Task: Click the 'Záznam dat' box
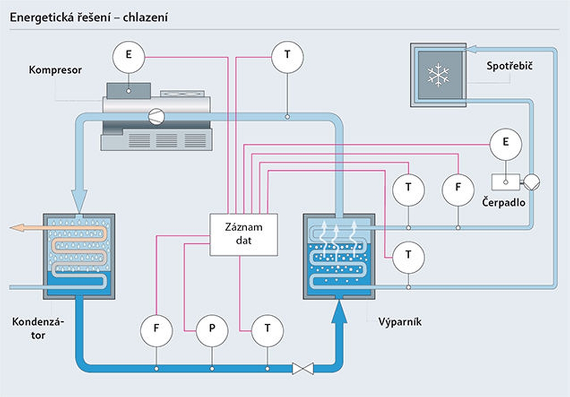(x=244, y=234)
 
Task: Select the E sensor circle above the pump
(x=505, y=144)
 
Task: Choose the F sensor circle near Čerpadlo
(x=458, y=189)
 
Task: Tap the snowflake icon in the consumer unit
(x=439, y=75)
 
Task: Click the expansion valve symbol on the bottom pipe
(x=303, y=369)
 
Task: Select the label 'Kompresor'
(x=55, y=70)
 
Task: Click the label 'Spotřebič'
(x=509, y=66)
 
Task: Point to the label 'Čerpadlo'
(x=503, y=202)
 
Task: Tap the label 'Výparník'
(x=400, y=322)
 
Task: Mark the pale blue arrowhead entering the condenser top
(x=79, y=200)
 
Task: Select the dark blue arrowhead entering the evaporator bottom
(x=339, y=312)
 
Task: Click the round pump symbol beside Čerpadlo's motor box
(x=531, y=182)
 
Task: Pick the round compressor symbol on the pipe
(x=156, y=117)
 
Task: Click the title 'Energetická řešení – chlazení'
(x=89, y=17)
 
